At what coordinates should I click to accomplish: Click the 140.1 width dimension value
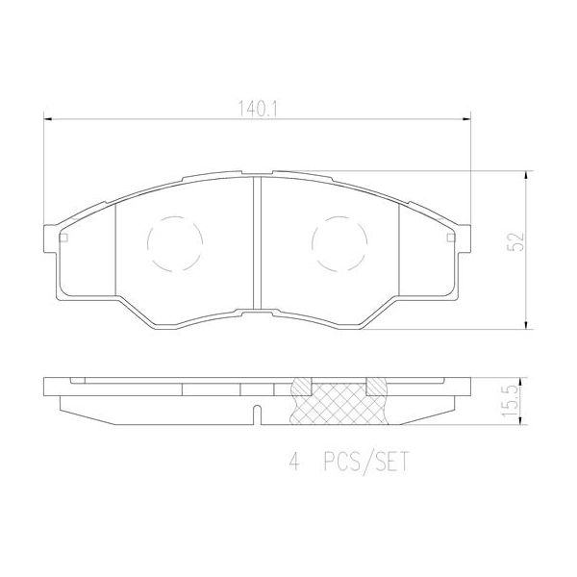pyautogui.click(x=258, y=111)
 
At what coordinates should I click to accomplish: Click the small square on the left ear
pyautogui.click(x=64, y=238)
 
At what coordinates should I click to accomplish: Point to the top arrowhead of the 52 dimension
pyautogui.click(x=527, y=177)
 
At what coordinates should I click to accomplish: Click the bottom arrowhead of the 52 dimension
pyautogui.click(x=527, y=324)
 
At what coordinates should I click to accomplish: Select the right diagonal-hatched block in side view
pyautogui.click(x=376, y=387)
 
